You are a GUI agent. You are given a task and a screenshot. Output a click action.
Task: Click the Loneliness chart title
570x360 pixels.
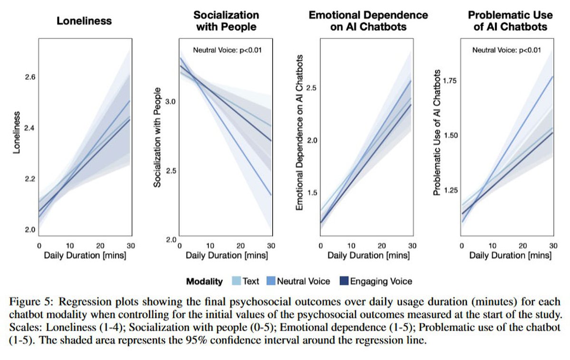tap(84, 21)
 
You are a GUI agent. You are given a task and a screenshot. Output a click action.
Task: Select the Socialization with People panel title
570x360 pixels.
tap(226, 20)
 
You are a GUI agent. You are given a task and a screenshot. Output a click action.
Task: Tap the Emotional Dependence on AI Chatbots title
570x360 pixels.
tap(369, 20)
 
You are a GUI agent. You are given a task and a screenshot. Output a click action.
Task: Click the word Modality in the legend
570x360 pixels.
tap(204, 281)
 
